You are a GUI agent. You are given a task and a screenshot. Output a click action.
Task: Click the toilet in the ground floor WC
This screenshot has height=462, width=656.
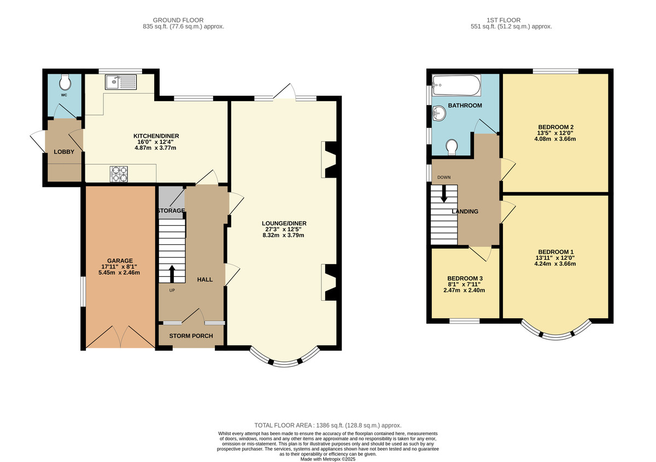(x=65, y=82)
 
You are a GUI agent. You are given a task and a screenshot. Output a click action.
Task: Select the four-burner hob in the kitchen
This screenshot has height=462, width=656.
(x=120, y=173)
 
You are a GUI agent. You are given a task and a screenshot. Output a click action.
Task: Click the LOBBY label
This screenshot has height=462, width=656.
(x=63, y=151)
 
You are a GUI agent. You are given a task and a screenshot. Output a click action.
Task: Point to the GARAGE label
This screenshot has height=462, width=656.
(x=120, y=261)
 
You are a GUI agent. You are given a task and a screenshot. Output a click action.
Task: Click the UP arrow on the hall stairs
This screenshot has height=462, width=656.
(x=172, y=272)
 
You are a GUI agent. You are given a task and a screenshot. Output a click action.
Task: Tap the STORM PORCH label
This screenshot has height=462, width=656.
(x=190, y=336)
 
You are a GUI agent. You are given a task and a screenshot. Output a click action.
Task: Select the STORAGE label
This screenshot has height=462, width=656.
(x=171, y=210)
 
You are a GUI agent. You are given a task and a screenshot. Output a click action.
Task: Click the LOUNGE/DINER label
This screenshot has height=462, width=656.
(x=283, y=223)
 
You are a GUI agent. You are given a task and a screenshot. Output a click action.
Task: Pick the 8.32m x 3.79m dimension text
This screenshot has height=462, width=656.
(x=283, y=236)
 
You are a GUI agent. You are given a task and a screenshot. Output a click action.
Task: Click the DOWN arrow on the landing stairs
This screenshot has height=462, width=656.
(x=443, y=192)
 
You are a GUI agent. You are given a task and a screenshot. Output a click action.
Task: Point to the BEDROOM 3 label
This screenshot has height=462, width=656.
(x=464, y=278)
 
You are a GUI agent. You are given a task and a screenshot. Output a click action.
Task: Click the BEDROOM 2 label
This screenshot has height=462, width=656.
(x=555, y=127)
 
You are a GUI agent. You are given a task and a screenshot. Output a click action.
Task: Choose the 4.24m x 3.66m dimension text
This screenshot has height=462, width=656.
(x=555, y=264)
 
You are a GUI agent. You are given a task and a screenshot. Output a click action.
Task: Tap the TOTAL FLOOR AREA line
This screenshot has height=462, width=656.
(x=328, y=425)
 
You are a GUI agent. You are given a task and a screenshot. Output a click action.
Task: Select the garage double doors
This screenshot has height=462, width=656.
(x=120, y=337)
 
